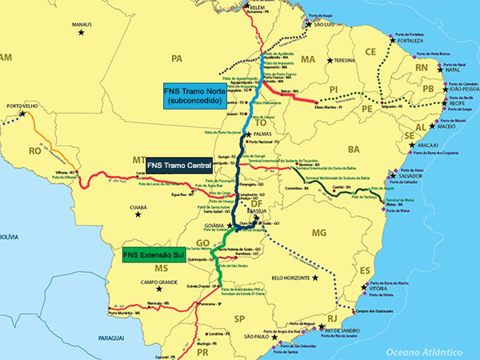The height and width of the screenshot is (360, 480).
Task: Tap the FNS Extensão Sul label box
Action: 157,256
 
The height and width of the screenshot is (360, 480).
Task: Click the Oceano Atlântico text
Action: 423,351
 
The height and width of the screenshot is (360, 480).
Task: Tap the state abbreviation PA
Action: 178,58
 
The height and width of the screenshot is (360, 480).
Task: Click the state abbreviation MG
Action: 318,233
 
